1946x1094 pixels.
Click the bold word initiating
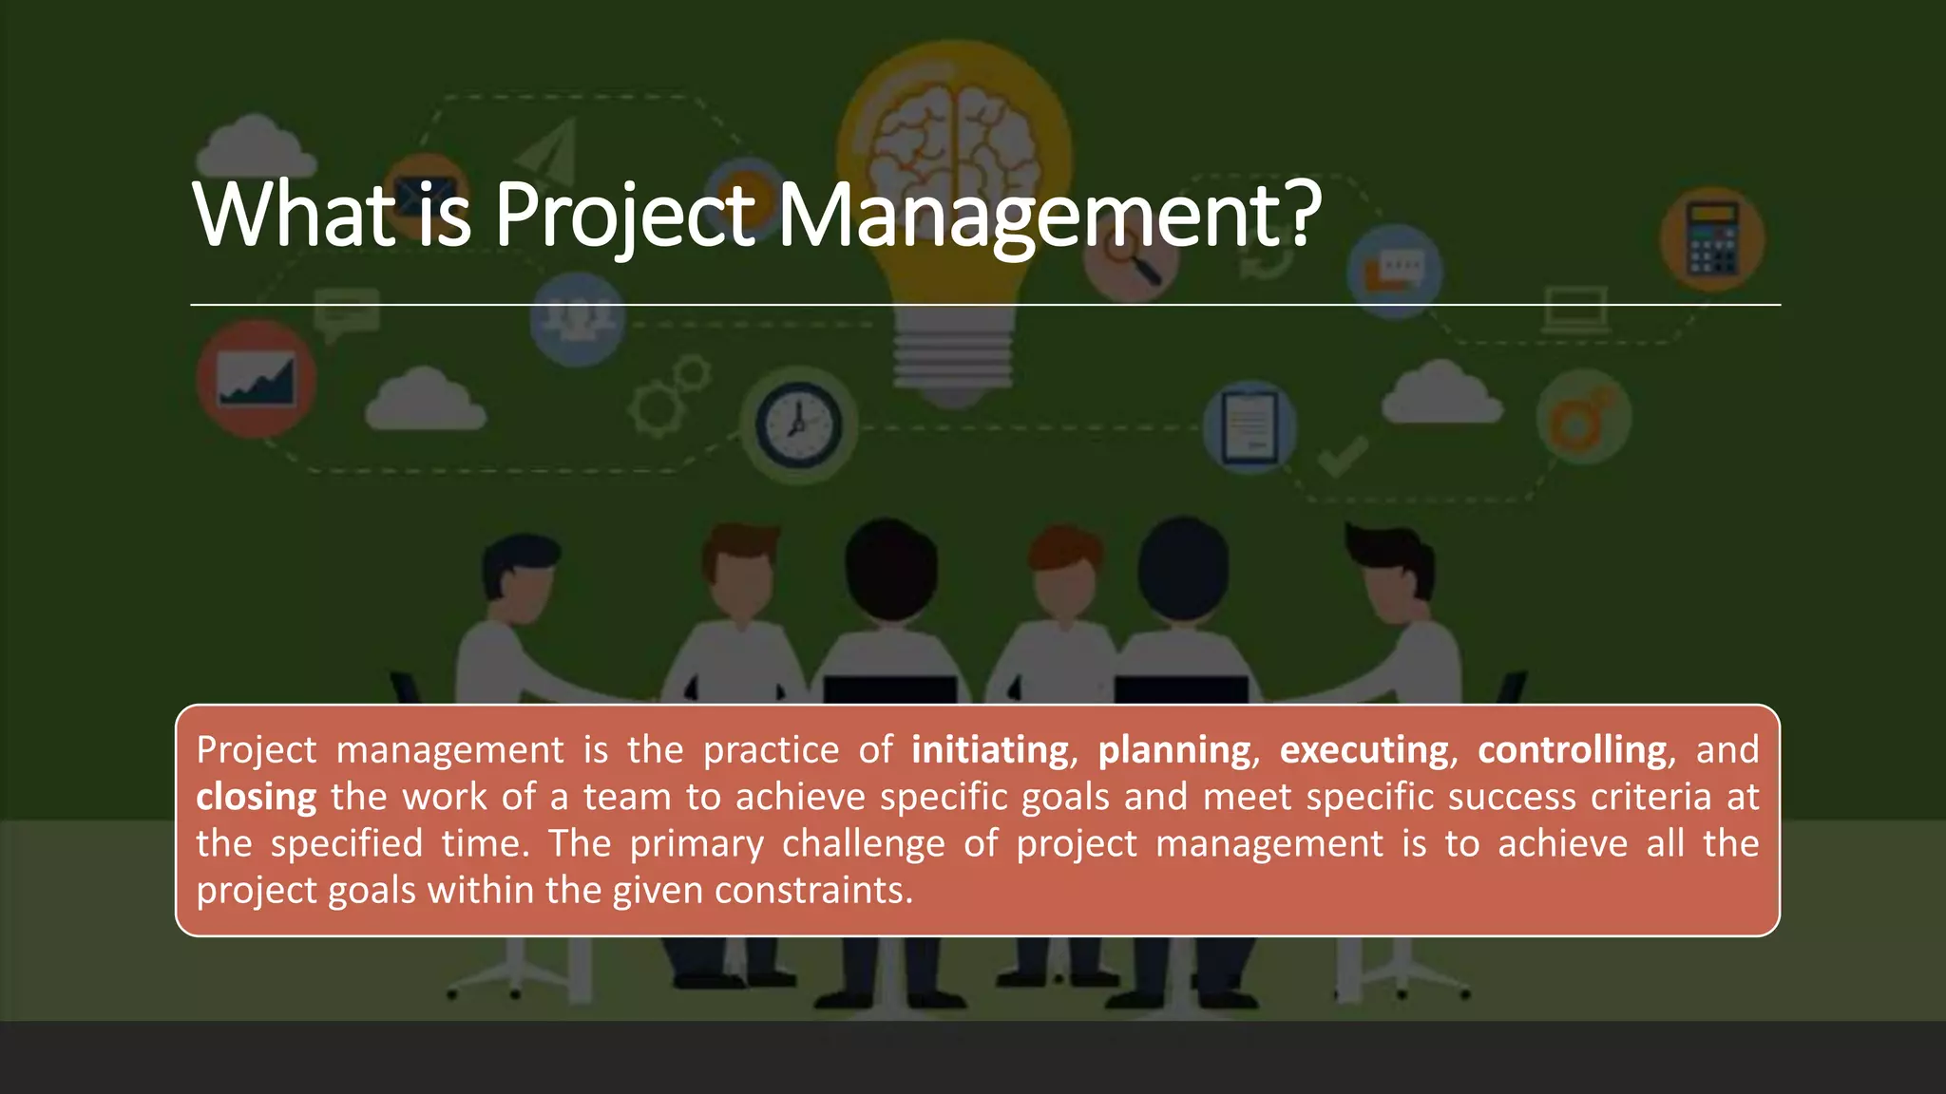[x=990, y=750]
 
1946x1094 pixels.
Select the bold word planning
[x=1174, y=750]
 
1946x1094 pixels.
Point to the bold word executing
[x=1364, y=750]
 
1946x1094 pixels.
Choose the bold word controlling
[x=1572, y=750]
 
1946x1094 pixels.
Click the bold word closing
[x=256, y=797]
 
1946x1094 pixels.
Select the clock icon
[x=798, y=424]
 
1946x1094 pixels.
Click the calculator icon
[x=1712, y=238]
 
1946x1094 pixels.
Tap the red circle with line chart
[x=256, y=378]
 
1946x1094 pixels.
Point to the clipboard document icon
[x=1249, y=425]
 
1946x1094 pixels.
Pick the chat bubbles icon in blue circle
[x=1394, y=271]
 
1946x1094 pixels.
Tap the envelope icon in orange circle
[x=426, y=190]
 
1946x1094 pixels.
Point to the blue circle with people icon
[x=577, y=319]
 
